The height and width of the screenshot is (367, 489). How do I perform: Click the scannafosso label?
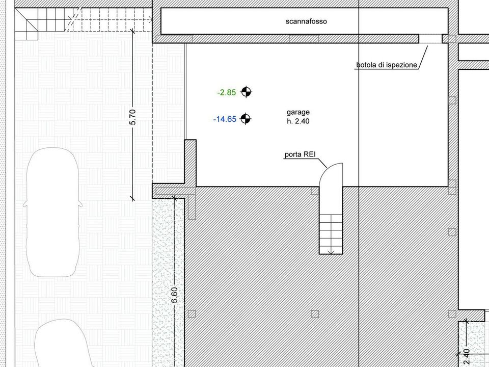point(306,21)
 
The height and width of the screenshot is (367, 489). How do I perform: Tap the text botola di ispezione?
point(387,65)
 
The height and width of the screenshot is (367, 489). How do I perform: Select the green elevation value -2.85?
point(227,92)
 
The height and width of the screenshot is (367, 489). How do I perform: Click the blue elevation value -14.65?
point(225,119)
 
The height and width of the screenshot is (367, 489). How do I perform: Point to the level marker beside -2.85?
point(246,92)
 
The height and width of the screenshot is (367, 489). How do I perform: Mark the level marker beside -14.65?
point(246,119)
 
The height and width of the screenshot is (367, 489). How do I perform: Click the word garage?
point(298,112)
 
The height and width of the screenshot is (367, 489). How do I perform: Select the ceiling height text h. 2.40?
point(298,121)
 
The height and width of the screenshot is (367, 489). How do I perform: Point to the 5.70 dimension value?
point(132,117)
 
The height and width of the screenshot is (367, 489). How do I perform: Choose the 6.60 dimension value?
point(174,295)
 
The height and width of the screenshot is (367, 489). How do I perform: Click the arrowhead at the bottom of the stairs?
point(331,251)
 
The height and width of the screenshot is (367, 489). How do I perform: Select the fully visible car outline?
point(53,212)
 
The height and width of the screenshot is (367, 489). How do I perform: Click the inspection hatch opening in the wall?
point(430,39)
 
